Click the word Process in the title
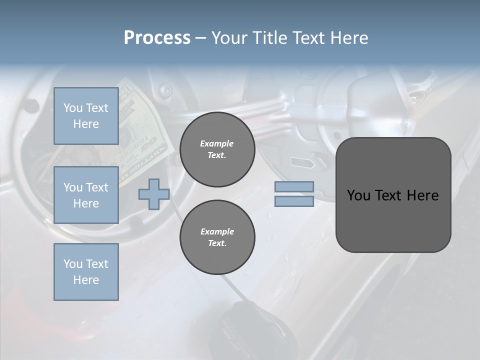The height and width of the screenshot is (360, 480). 157,38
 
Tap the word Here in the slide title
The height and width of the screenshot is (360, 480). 348,38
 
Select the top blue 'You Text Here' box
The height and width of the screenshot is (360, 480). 86,116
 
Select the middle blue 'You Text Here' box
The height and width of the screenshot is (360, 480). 86,195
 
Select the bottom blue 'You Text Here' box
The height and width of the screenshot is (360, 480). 86,272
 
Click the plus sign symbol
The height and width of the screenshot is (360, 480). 154,194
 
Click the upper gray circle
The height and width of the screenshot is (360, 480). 217,149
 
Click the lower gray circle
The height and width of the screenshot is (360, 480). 217,237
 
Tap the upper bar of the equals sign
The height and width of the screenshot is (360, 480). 294,186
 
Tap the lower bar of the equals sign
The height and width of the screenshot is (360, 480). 294,201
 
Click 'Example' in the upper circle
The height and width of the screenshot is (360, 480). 216,143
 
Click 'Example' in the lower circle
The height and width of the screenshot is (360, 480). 217,231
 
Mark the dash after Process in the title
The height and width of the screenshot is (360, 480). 200,38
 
